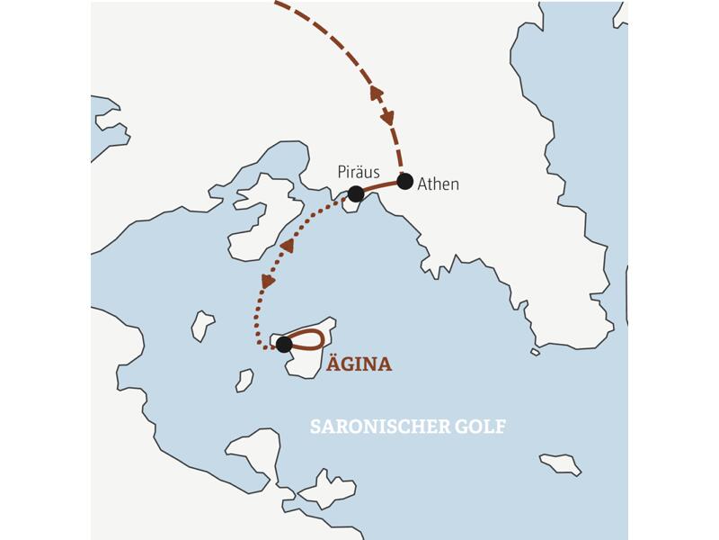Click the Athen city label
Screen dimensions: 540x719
439,184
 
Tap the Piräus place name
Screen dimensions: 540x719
359,171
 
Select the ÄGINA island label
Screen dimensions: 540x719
359,364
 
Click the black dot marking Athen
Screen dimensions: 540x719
404,181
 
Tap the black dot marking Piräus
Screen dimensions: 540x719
356,193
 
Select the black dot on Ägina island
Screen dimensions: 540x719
284,344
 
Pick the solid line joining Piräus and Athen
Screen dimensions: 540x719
380,185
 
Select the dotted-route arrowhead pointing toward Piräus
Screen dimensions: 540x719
287,245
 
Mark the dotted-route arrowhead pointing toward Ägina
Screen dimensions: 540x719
268,282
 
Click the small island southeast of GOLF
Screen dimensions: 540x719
559,463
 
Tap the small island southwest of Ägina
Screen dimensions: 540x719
244,381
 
